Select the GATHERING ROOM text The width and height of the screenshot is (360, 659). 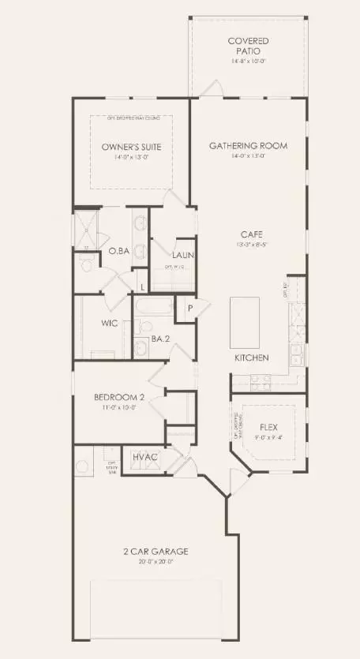(248, 145)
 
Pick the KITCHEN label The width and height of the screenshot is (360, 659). (252, 358)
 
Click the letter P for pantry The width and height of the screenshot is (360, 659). (190, 309)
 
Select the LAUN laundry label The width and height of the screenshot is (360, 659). (184, 255)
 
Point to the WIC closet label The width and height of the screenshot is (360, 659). (109, 324)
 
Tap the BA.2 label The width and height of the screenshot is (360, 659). (163, 340)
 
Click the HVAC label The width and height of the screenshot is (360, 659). (145, 457)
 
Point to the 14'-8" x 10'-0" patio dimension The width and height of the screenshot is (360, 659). (248, 61)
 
